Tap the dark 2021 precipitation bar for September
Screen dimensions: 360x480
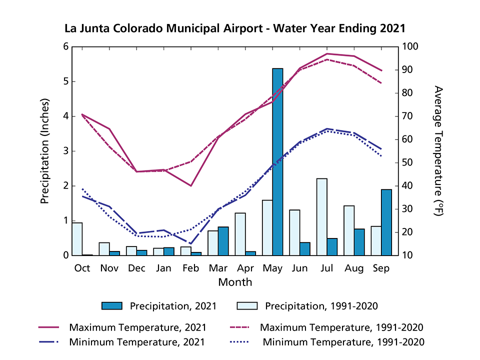click(386, 222)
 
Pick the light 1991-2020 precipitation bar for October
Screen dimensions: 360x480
click(77, 239)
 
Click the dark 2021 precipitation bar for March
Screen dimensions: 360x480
click(223, 241)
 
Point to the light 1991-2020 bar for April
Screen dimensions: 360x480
click(240, 234)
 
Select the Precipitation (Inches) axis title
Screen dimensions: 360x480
click(45, 151)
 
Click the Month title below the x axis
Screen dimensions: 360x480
click(234, 282)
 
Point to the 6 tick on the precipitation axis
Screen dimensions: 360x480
click(65, 47)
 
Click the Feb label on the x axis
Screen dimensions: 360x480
click(190, 268)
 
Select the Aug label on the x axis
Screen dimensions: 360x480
click(353, 268)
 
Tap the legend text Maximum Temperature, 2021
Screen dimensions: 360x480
click(137, 328)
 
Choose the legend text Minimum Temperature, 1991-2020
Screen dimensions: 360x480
click(344, 342)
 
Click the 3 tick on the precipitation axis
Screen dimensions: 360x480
click(65, 151)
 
